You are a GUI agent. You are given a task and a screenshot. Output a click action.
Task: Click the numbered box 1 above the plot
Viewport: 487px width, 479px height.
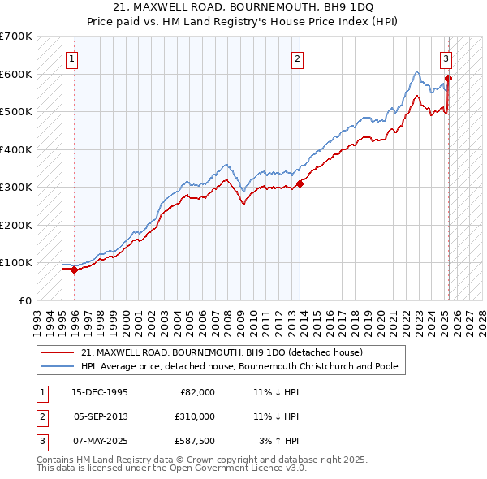pyautogui.click(x=72, y=58)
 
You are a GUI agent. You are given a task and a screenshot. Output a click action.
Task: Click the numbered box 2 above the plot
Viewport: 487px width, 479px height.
pyautogui.click(x=298, y=58)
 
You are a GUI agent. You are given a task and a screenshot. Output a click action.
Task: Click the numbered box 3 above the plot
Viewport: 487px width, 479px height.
pyautogui.click(x=446, y=58)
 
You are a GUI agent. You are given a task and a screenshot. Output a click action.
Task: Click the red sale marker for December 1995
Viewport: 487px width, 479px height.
pyautogui.click(x=74, y=270)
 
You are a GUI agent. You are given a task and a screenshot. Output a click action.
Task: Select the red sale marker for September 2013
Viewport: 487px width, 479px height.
pyautogui.click(x=300, y=183)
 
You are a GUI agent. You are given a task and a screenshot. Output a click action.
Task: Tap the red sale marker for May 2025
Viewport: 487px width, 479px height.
pyautogui.click(x=448, y=79)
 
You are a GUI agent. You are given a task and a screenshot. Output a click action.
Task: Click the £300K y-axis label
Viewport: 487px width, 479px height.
pyautogui.click(x=16, y=187)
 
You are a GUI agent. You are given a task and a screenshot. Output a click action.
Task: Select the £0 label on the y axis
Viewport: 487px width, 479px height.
pyautogui.click(x=25, y=300)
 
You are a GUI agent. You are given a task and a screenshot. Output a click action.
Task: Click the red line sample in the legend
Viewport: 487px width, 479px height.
pyautogui.click(x=58, y=352)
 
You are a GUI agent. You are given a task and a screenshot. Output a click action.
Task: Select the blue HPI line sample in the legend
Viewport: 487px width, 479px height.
pyautogui.click(x=58, y=366)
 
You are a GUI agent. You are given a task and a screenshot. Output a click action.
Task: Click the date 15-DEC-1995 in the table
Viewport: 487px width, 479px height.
pyautogui.click(x=100, y=392)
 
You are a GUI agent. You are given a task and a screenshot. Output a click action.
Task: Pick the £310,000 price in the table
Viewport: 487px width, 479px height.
pyautogui.click(x=194, y=416)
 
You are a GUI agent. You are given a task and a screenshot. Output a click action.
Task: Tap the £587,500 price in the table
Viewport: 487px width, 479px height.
pyautogui.click(x=194, y=441)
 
